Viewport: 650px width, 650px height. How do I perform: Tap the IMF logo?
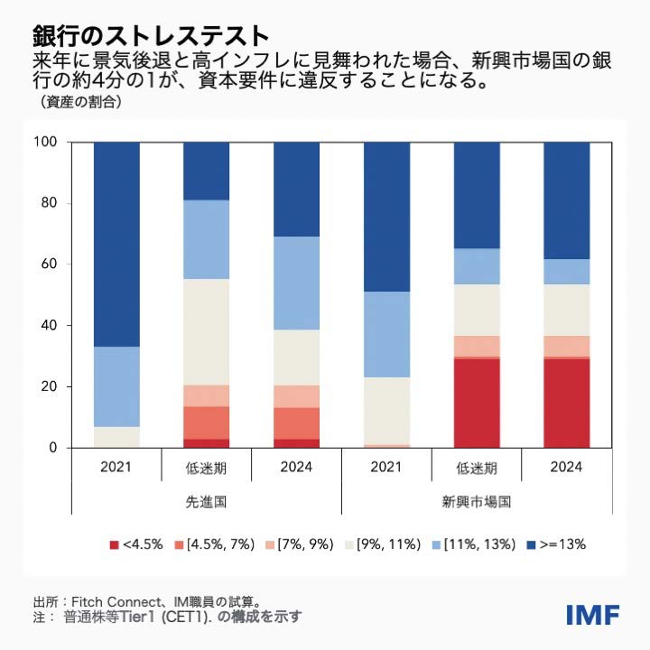[592, 616]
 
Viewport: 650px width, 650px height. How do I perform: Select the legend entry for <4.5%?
[136, 544]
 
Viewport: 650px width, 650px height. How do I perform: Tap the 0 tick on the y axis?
[54, 448]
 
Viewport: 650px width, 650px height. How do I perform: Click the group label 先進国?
[206, 501]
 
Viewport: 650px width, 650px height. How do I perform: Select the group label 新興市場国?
[477, 501]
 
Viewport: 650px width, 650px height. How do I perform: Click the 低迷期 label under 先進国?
[206, 469]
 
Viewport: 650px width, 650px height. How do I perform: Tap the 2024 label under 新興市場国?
[566, 468]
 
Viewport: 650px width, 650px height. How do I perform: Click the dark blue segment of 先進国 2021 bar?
[116, 244]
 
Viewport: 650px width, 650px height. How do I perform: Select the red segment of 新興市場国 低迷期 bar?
[477, 403]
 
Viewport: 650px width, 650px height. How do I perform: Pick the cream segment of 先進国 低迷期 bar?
[206, 331]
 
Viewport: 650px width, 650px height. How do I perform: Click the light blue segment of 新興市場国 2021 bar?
[386, 334]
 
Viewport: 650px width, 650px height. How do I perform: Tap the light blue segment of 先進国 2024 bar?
[296, 283]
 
